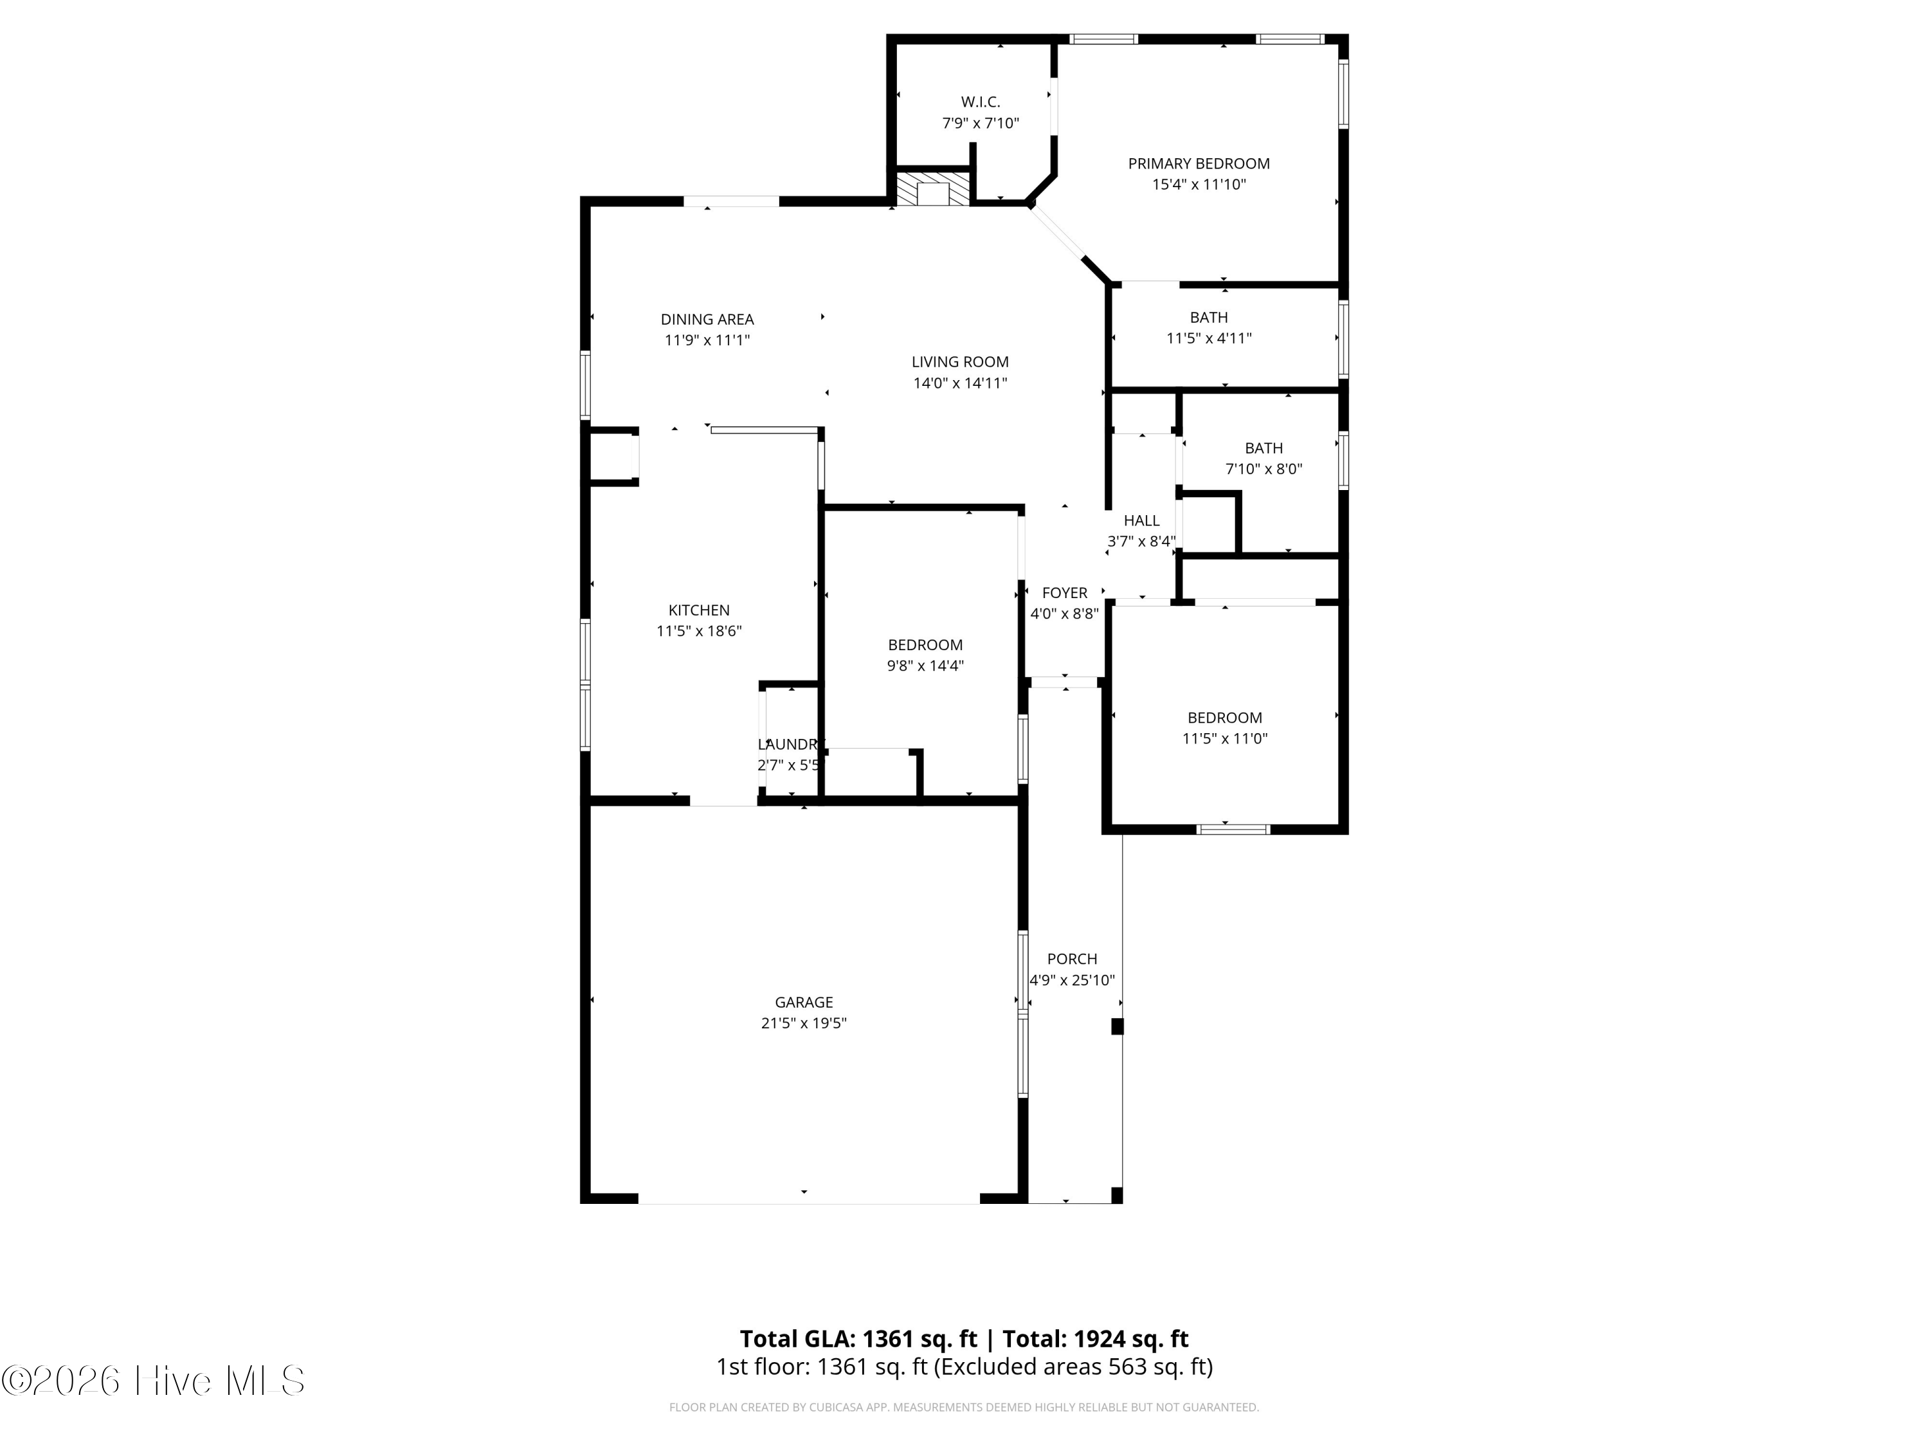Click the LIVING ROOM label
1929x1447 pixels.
(x=960, y=362)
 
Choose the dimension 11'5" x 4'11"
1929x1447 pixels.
(x=1209, y=338)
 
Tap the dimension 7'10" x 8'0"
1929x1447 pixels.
(x=1263, y=469)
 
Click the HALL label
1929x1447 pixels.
(x=1141, y=521)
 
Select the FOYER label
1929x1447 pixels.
(x=1065, y=593)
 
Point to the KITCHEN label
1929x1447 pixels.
(x=698, y=610)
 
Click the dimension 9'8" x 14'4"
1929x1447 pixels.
(x=925, y=666)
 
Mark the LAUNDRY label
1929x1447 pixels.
(x=789, y=745)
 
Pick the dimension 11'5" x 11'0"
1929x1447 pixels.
(x=1224, y=739)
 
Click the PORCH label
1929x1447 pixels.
(x=1072, y=960)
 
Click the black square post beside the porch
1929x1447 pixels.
(x=1117, y=1026)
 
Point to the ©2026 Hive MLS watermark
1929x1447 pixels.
(x=154, y=1380)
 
